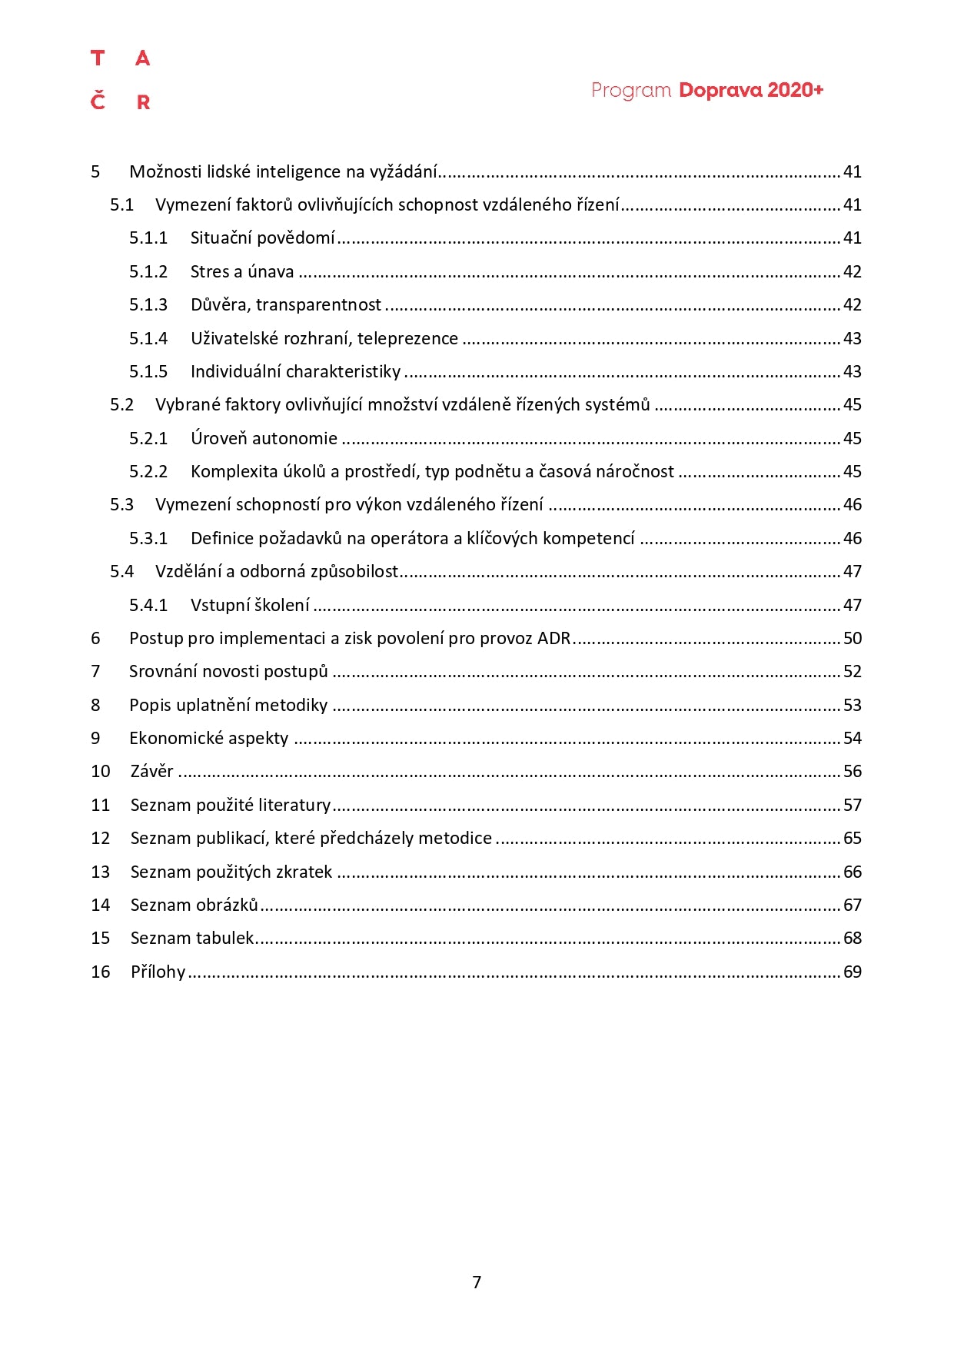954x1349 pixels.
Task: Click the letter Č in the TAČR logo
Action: [x=98, y=101]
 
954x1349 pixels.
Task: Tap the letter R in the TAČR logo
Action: [x=143, y=102]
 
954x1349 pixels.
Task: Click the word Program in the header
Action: [x=631, y=91]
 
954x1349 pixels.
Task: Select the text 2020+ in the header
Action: [x=795, y=90]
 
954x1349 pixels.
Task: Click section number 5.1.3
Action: [x=148, y=305]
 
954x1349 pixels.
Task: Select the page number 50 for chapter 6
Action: [x=853, y=639]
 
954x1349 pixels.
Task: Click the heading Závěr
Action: [x=152, y=772]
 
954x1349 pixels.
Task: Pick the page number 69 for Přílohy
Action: [x=853, y=972]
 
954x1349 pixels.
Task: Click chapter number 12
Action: [x=101, y=839]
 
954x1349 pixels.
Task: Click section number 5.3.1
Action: [x=148, y=539]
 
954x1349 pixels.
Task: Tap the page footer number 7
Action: [x=477, y=1282]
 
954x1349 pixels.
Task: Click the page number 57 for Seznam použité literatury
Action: [x=853, y=806]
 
